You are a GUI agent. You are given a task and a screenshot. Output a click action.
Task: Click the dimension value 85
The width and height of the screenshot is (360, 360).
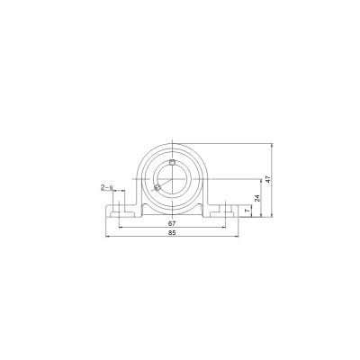[172, 233]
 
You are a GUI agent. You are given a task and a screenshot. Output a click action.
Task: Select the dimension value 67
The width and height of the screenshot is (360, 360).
[172, 223]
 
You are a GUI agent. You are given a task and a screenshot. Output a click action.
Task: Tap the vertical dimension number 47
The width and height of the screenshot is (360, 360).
[268, 179]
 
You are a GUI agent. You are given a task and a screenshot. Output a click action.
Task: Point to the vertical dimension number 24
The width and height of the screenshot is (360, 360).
[257, 198]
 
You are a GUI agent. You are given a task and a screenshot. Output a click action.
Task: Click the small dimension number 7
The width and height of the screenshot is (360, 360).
[247, 211]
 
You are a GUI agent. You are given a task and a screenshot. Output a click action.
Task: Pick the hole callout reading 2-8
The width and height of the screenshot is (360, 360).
[106, 188]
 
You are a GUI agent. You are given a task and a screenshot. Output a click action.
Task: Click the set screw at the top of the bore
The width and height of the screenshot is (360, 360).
[172, 163]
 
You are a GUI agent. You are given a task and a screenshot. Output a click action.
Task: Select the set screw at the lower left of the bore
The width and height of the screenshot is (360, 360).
[157, 188]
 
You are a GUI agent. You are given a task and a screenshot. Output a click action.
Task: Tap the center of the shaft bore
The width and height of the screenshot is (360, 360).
[172, 179]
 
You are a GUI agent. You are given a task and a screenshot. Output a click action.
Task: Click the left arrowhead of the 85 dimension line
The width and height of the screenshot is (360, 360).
[107, 237]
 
